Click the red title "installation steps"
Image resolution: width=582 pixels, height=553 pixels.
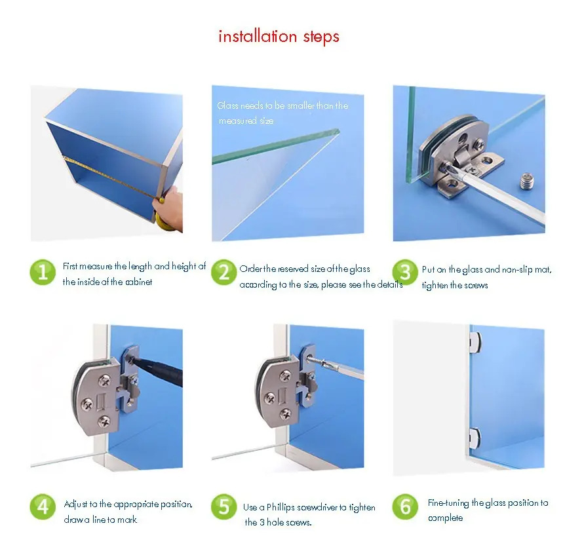click(279, 37)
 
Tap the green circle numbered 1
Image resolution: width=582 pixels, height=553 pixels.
click(43, 273)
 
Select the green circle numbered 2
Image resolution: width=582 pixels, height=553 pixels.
click(223, 273)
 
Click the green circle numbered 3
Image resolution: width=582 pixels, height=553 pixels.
click(405, 273)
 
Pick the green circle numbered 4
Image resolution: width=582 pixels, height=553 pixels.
click(43, 506)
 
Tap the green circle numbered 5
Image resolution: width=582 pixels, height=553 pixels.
click(223, 506)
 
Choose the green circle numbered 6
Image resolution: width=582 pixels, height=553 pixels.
click(405, 506)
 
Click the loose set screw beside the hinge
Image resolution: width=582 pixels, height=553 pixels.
click(526, 181)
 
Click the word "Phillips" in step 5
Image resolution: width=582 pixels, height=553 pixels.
click(281, 507)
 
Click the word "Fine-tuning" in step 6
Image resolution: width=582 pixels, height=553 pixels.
click(448, 503)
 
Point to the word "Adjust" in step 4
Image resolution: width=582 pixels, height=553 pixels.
click(76, 505)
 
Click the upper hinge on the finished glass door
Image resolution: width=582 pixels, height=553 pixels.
click(475, 340)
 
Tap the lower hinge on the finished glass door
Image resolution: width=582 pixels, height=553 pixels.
click(475, 436)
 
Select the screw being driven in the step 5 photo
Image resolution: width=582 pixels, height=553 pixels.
click(313, 358)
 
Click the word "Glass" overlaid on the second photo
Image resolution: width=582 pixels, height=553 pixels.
click(227, 105)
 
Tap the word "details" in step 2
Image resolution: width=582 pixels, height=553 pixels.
click(390, 284)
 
